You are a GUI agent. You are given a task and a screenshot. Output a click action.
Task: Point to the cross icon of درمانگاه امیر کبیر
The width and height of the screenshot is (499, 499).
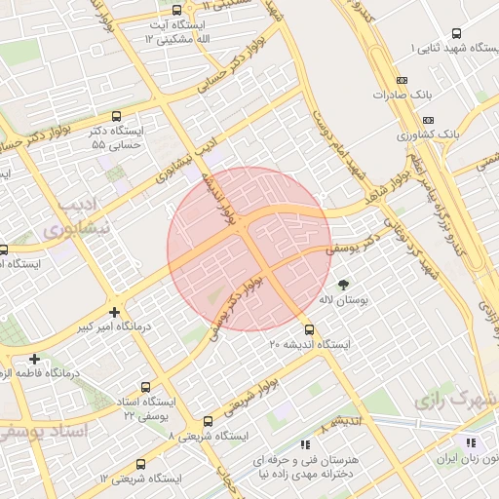click(116, 312)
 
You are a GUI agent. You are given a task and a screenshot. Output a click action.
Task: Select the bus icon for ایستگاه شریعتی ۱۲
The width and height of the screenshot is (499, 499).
click(141, 464)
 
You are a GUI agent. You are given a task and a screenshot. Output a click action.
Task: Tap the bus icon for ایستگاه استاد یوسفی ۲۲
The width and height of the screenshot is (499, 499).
click(147, 386)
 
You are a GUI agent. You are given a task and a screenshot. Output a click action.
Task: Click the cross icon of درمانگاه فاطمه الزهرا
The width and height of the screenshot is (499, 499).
click(35, 359)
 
